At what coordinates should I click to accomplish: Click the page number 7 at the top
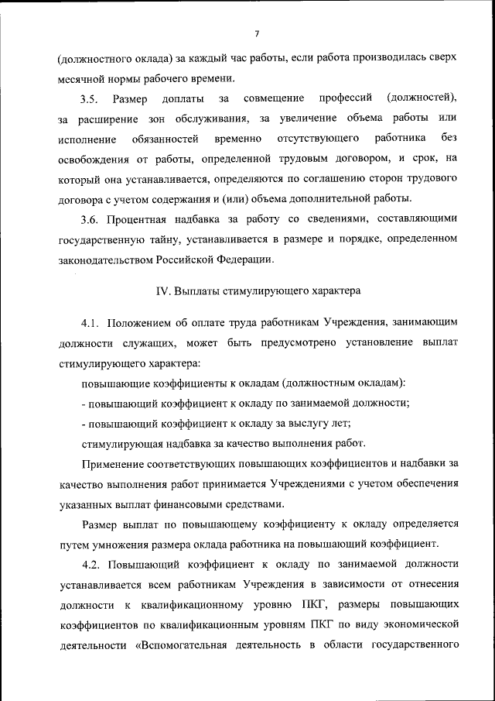tap(256, 33)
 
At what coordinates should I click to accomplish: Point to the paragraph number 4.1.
tap(90, 321)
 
